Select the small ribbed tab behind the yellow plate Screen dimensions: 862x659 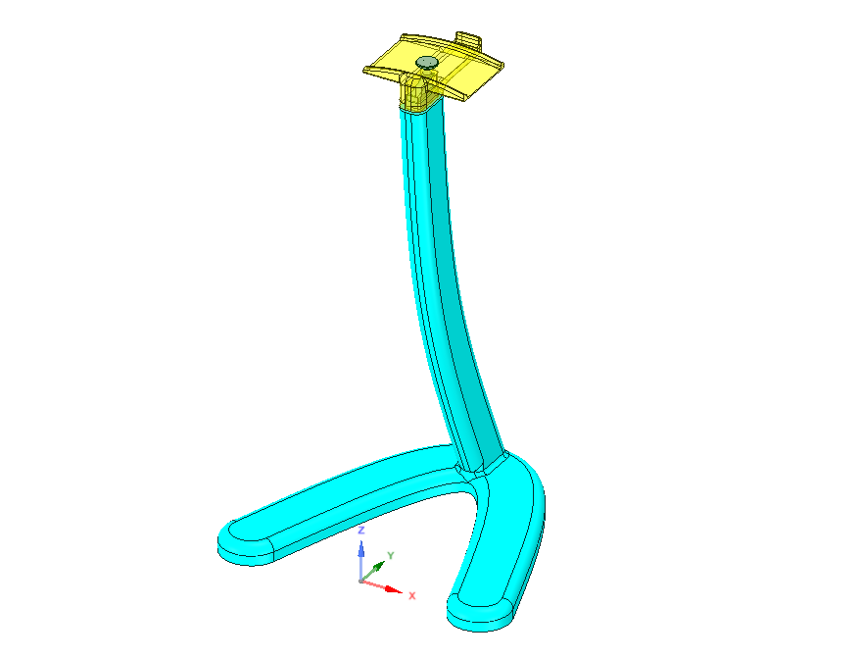pos(469,39)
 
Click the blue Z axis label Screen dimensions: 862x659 pos(361,531)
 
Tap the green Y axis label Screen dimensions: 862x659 pos(391,555)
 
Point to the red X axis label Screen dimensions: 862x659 pos(412,595)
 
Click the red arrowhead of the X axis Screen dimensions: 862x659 pos(394,589)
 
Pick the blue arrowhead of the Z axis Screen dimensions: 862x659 pos(361,549)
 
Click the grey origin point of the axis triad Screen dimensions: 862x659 pos(360,581)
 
